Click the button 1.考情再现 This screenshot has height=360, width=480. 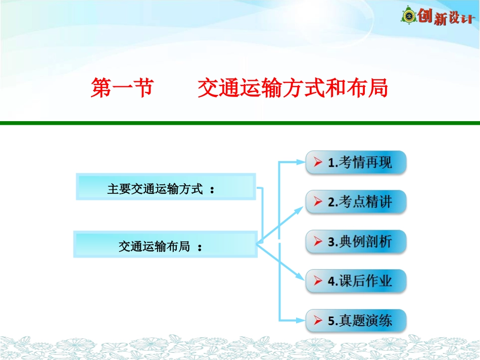point(356,163)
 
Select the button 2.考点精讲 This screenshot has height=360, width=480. point(356,202)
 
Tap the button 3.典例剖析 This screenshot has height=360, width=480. point(356,241)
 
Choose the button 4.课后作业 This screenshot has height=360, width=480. point(356,281)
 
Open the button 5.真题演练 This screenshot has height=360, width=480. point(356,320)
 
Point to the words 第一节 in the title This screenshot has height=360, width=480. point(121,88)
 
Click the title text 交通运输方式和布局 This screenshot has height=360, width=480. point(293,88)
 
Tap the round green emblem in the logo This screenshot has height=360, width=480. point(409,16)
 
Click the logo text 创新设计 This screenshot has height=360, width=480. point(446,18)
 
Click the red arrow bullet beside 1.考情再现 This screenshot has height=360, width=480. point(318,163)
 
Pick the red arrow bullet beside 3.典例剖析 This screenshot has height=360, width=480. point(318,242)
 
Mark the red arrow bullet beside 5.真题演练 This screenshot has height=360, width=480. point(318,321)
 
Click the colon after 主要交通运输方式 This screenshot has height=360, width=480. point(212,190)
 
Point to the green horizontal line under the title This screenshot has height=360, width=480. point(240,123)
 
